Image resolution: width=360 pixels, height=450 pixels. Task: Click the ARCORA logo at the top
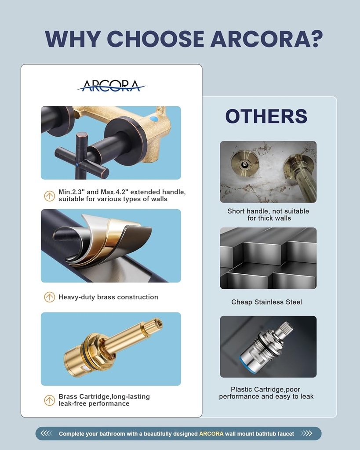point(111,86)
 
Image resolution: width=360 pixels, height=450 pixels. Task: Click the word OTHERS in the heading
point(266,116)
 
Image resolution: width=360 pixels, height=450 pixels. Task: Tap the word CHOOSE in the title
point(156,39)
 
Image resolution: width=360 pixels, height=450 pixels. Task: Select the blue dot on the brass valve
point(153,119)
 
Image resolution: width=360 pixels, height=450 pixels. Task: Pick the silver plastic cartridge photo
point(268,347)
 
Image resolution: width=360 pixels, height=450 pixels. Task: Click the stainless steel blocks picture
point(268,258)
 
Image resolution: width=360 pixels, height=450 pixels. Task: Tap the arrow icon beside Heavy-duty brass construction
point(50,297)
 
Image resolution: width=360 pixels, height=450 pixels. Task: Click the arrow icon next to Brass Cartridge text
point(50,400)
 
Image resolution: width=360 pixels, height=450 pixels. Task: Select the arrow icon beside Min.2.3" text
point(50,196)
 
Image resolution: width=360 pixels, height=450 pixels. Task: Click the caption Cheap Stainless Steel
point(266,302)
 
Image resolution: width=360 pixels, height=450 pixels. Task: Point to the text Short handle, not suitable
point(268,211)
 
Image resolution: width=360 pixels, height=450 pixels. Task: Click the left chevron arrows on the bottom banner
point(47,434)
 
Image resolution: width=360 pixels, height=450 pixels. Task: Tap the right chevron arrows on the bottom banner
point(306,434)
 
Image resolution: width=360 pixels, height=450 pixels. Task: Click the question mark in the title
point(315,39)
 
